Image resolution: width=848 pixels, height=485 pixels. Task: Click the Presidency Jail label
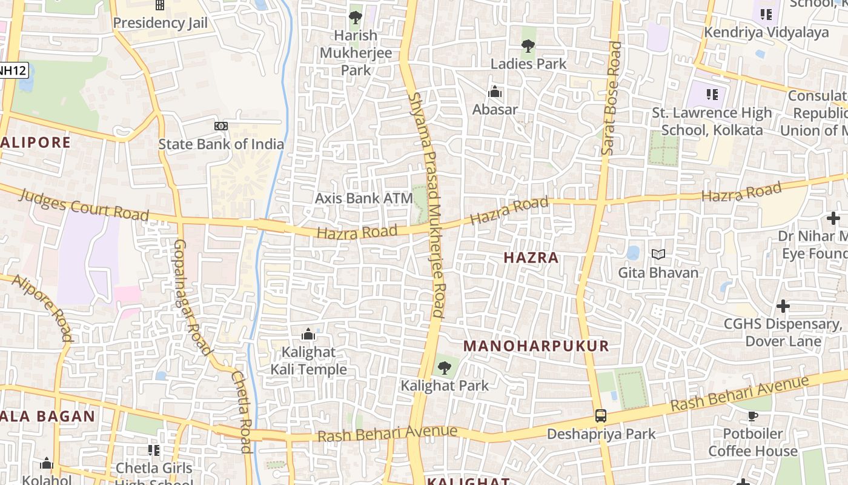[x=161, y=23]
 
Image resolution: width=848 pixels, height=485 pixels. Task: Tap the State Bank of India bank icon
[x=221, y=126]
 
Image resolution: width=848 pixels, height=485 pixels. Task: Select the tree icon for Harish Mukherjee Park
[x=356, y=17]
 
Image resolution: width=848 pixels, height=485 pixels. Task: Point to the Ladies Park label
[x=528, y=64]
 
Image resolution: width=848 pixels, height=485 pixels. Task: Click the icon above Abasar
[x=495, y=92]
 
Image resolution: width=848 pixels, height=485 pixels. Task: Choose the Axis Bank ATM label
[x=363, y=198]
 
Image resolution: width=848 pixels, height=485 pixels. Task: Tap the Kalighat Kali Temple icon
[x=308, y=335]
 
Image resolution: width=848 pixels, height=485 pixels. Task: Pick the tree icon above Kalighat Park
[x=445, y=367]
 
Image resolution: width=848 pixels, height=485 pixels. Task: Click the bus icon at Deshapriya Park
[x=600, y=416]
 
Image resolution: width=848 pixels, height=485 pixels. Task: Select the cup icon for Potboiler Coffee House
[x=753, y=416]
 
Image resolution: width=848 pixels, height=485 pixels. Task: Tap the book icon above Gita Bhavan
[x=658, y=255]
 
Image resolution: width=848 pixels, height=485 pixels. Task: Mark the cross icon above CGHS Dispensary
[x=783, y=306]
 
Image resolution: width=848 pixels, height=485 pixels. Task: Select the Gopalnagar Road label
[x=192, y=297]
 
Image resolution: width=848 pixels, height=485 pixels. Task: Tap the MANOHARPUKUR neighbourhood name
[x=536, y=346]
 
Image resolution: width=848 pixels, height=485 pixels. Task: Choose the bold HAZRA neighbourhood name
[x=531, y=258]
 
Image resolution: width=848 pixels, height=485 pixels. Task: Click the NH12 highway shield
[x=12, y=70]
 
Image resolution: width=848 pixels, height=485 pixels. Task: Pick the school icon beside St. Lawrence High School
[x=712, y=94]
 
